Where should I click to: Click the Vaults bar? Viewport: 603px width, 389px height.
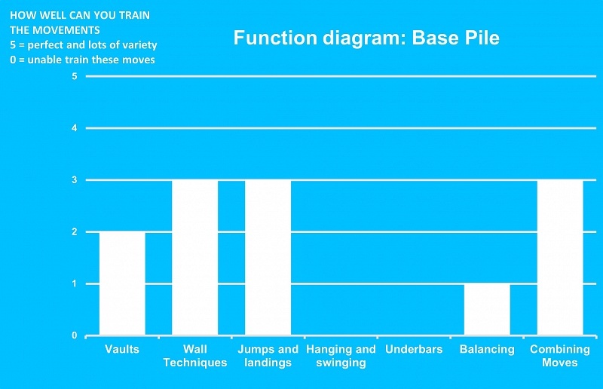point(122,283)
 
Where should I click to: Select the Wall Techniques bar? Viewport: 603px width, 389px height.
point(195,257)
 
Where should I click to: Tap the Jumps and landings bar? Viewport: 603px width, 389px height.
point(268,257)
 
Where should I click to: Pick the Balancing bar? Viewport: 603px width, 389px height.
point(487,310)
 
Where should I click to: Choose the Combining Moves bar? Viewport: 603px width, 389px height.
point(560,257)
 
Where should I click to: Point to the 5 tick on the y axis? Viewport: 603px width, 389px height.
point(74,76)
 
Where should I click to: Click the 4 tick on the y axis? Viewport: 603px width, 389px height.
point(74,128)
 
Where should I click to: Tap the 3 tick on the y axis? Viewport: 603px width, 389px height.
point(74,180)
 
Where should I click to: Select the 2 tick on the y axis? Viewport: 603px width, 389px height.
point(74,232)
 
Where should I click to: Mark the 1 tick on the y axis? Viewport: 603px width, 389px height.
point(74,284)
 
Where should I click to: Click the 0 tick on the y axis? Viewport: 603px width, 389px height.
point(74,335)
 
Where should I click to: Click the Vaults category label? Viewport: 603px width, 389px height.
point(122,349)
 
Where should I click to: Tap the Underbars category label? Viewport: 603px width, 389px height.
point(414,349)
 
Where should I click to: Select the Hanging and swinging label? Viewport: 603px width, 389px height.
point(341,356)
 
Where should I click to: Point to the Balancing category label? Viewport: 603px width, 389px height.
point(487,349)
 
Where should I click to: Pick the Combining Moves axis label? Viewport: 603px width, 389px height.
point(560,356)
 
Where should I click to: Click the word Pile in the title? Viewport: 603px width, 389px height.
point(483,38)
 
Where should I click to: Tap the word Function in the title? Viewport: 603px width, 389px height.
point(275,38)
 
